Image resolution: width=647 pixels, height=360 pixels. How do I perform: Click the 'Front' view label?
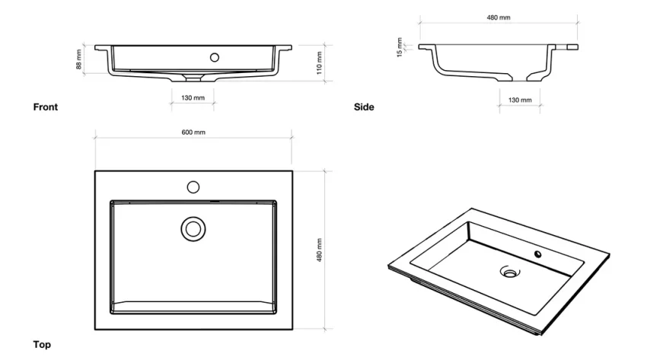point(45,107)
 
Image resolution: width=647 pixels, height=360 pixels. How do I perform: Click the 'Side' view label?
point(364,107)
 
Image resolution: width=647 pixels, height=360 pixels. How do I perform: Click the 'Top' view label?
point(42,345)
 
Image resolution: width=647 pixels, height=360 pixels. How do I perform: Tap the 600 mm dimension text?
point(193,132)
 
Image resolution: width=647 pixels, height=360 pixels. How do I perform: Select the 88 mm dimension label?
point(78,59)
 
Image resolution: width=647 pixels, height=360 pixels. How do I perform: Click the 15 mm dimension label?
point(399,47)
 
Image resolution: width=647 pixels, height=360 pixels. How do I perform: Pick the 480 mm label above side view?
point(499,17)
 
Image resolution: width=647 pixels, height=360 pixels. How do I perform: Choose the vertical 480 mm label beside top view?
point(320,250)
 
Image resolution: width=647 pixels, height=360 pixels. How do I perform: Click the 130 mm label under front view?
point(193,98)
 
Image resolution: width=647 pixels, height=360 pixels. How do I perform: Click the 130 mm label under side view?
point(520,100)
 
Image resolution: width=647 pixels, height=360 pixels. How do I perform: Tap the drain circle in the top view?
point(193,228)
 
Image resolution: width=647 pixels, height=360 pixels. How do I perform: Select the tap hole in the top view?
point(193,186)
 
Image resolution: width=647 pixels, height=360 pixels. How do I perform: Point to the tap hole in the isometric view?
point(539,254)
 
